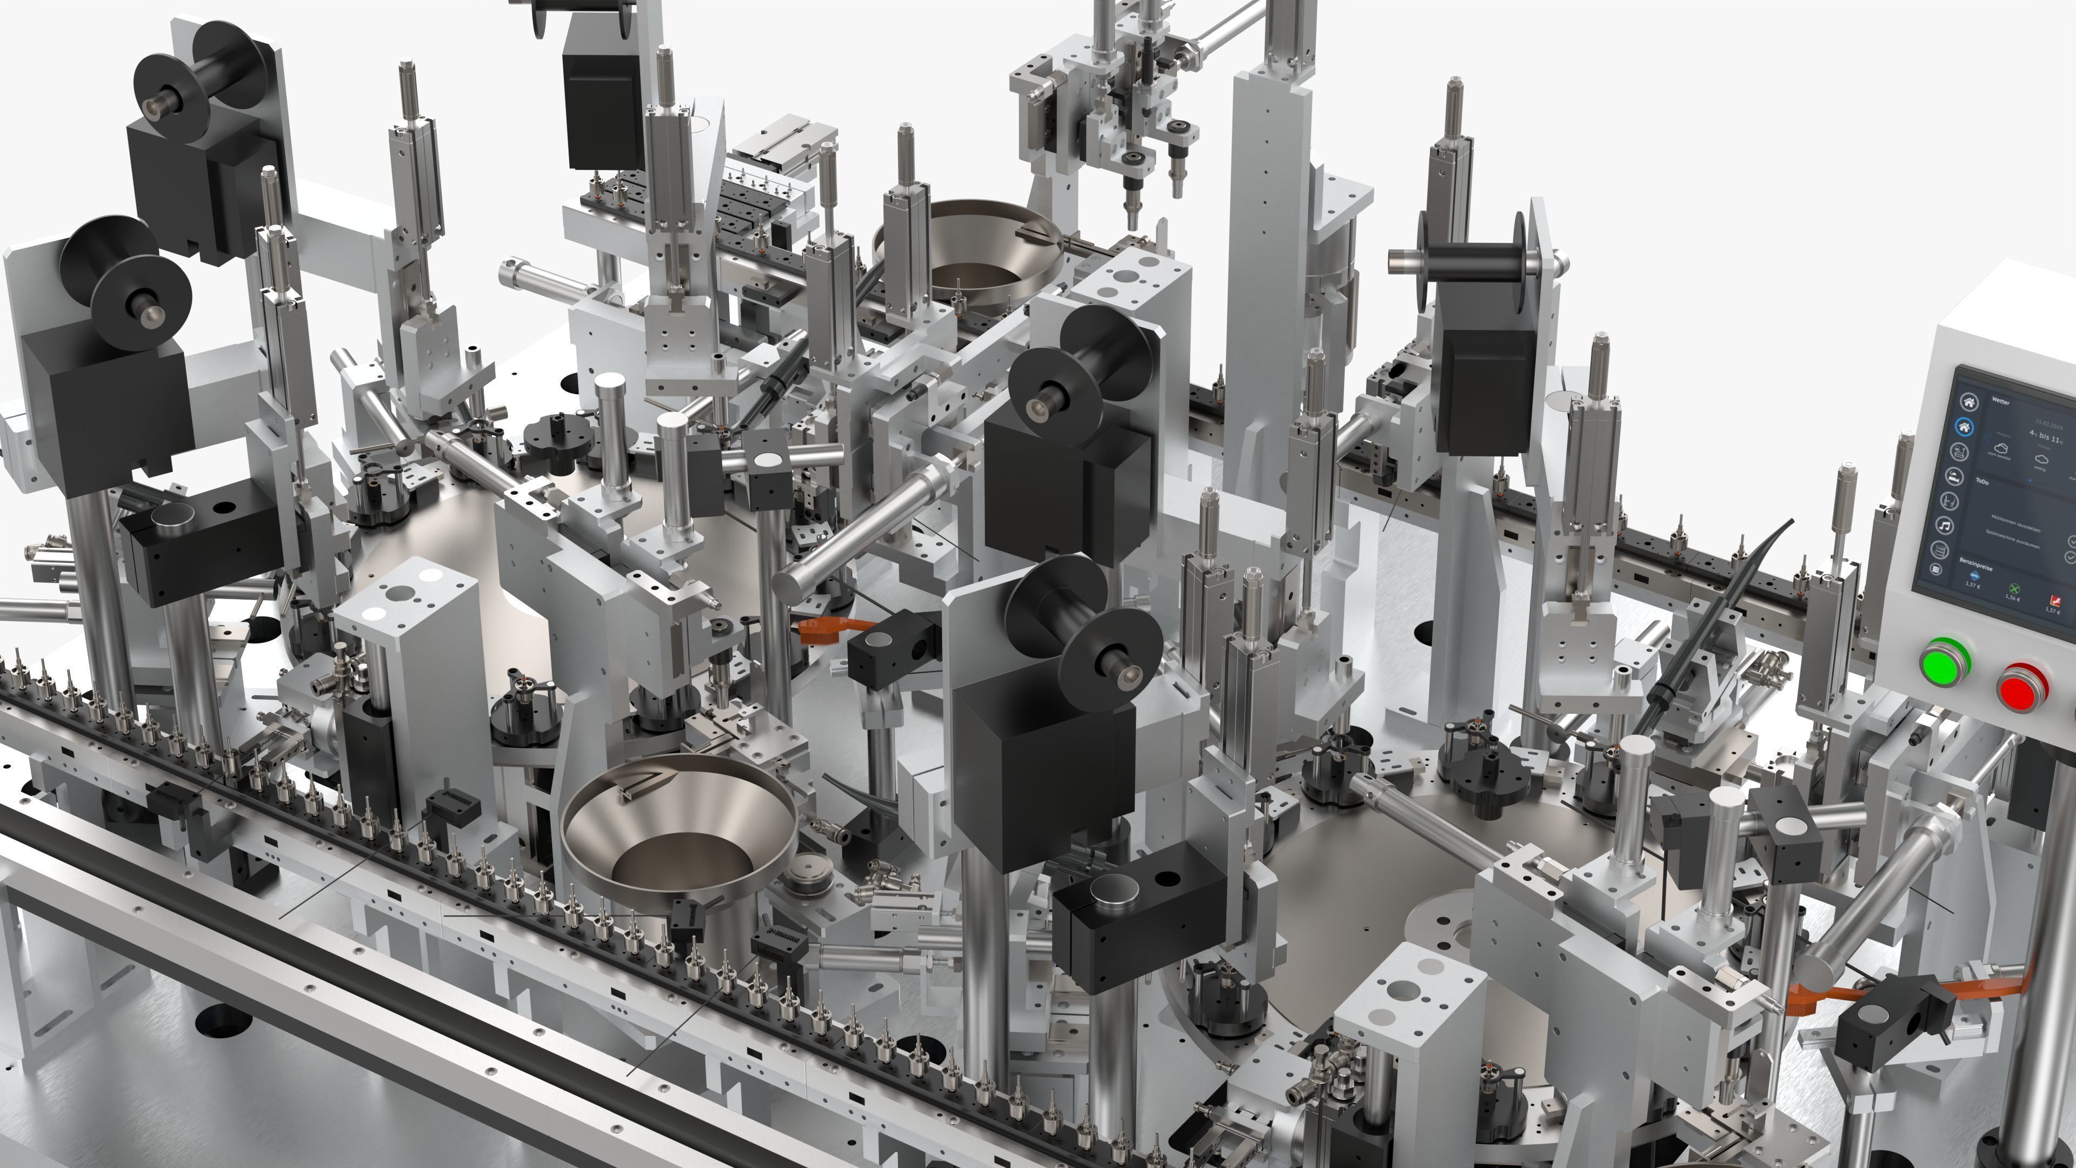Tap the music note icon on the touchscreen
pyautogui.click(x=1944, y=526)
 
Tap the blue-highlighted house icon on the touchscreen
pyautogui.click(x=1965, y=427)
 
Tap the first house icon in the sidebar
pyautogui.click(x=1969, y=401)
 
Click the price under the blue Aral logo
pyautogui.click(x=1972, y=585)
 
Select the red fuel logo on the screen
pyautogui.click(x=2057, y=601)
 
